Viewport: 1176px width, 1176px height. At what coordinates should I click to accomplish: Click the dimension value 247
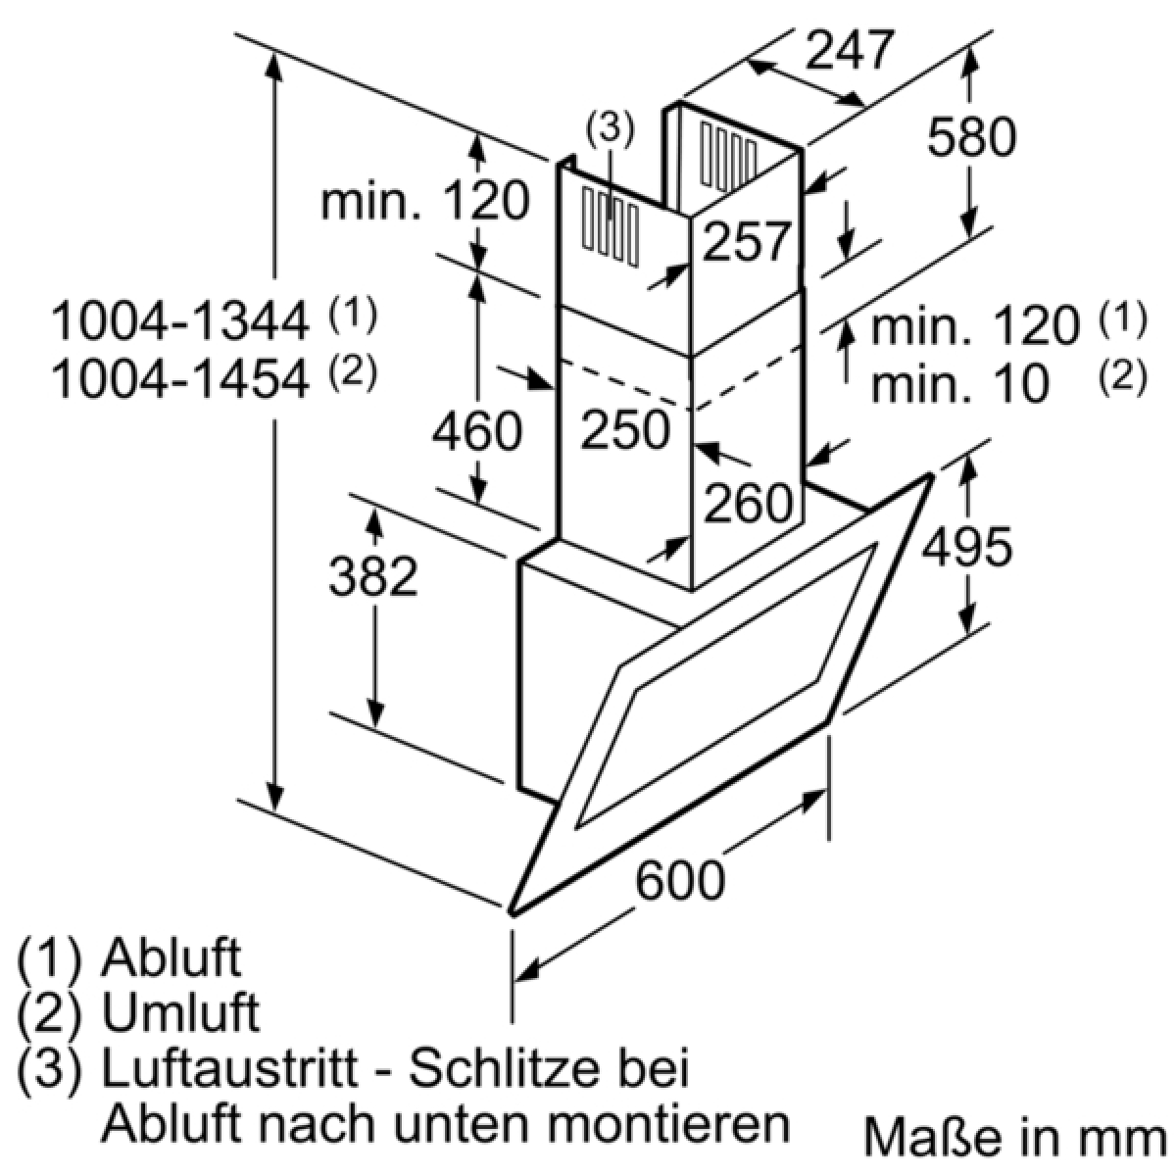pos(850,50)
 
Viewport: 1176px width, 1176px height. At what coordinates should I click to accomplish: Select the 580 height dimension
pos(971,136)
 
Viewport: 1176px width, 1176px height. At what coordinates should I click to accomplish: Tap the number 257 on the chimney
pos(747,242)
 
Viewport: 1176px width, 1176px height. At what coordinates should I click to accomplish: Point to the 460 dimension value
pos(476,431)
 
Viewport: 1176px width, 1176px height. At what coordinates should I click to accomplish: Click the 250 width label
pos(625,430)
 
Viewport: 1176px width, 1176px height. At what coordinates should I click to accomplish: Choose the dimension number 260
pos(748,503)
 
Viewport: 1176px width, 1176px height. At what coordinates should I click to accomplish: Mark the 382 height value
pos(372,576)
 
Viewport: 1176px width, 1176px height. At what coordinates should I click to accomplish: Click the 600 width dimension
pos(680,880)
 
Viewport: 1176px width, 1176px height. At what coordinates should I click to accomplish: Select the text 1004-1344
pos(180,322)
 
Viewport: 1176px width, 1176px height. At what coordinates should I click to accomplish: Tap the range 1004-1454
pos(180,379)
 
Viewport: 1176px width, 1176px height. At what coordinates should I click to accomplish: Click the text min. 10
pos(960,384)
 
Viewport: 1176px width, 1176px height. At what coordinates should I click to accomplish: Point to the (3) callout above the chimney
pos(611,129)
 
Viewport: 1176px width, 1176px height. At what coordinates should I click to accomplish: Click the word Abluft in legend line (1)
pos(171,957)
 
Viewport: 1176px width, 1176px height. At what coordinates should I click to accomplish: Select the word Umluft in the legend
pos(180,1013)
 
